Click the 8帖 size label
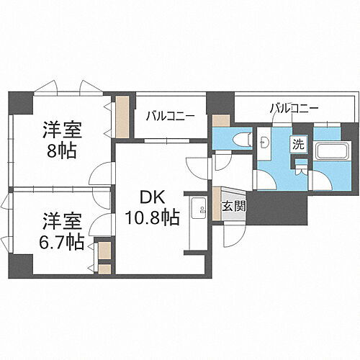click(60, 153)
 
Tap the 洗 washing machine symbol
click(298, 143)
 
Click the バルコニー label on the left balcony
click(171, 115)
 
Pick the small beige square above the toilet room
click(221, 120)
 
